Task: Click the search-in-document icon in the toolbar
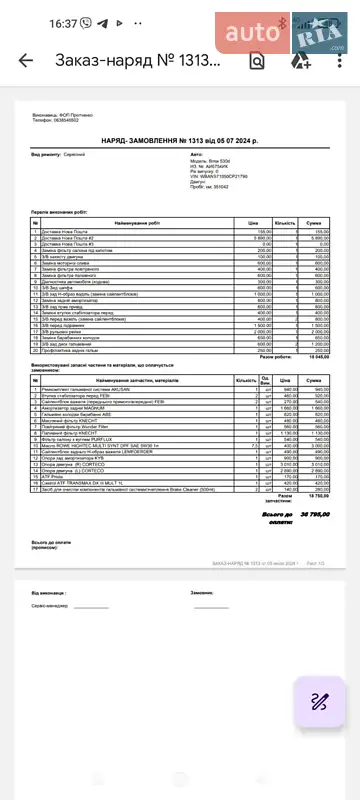[257, 60]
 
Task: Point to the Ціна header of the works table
[253, 221]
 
